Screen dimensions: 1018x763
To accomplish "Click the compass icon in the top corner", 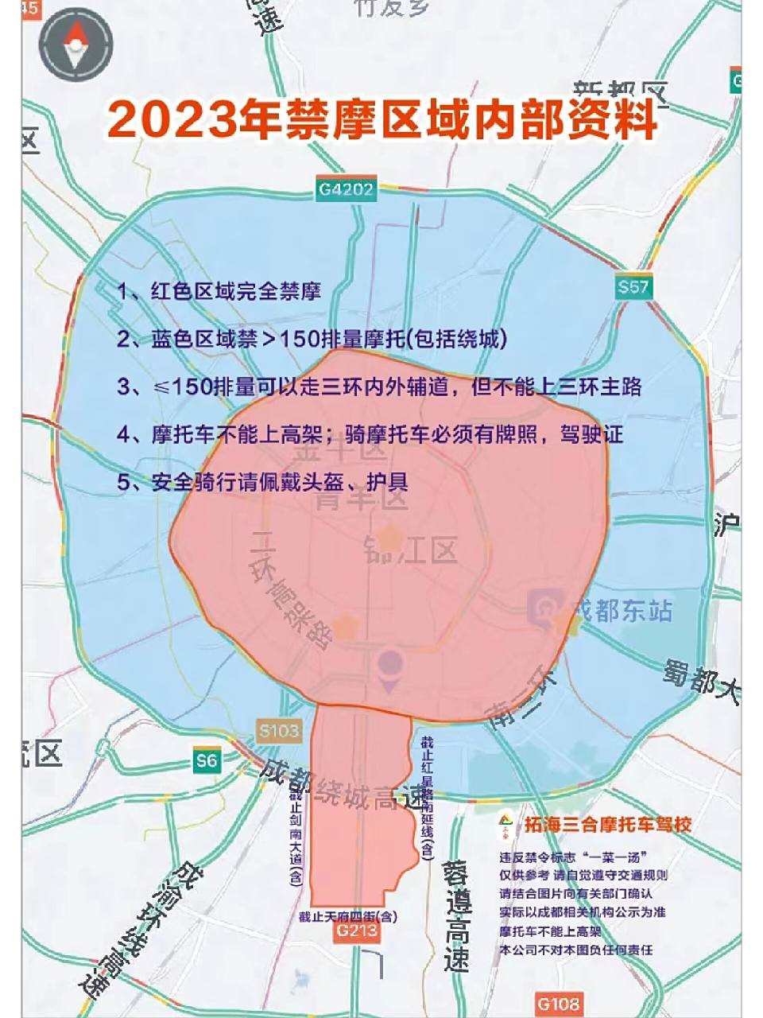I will (77, 44).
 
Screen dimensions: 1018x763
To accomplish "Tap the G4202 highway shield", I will (346, 189).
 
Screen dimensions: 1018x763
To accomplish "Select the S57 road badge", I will (633, 287).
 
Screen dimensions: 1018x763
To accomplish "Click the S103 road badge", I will (279, 730).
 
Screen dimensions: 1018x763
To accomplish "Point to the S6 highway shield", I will (207, 760).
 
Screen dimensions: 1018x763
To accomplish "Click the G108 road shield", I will (558, 1004).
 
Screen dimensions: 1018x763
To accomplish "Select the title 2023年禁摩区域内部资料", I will (382, 119).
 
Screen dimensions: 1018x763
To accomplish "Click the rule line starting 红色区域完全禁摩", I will (219, 292).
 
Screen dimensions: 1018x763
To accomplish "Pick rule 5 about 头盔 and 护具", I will (263, 482).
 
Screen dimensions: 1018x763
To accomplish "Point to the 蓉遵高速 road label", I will (457, 915).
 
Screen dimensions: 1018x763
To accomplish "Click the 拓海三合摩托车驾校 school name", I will (607, 824).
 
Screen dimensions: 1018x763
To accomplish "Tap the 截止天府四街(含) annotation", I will (347, 916).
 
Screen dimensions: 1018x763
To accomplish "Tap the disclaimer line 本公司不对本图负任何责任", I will (576, 950).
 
